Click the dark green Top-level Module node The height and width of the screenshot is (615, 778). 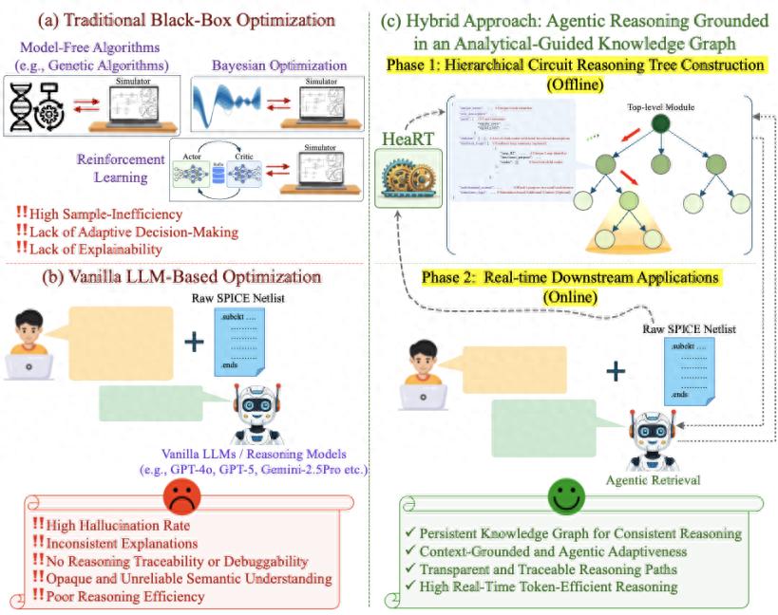pos(661,123)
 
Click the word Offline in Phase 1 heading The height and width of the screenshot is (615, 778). pos(574,84)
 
